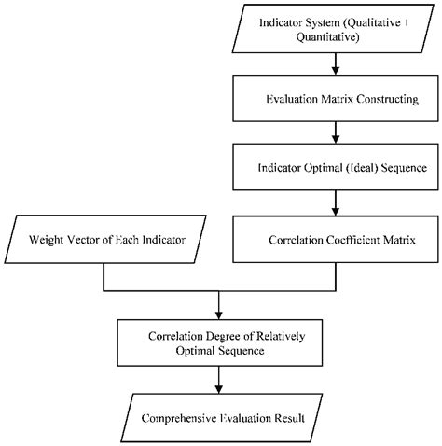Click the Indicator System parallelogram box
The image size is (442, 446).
point(336,30)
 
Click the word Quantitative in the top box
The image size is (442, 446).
point(335,38)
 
